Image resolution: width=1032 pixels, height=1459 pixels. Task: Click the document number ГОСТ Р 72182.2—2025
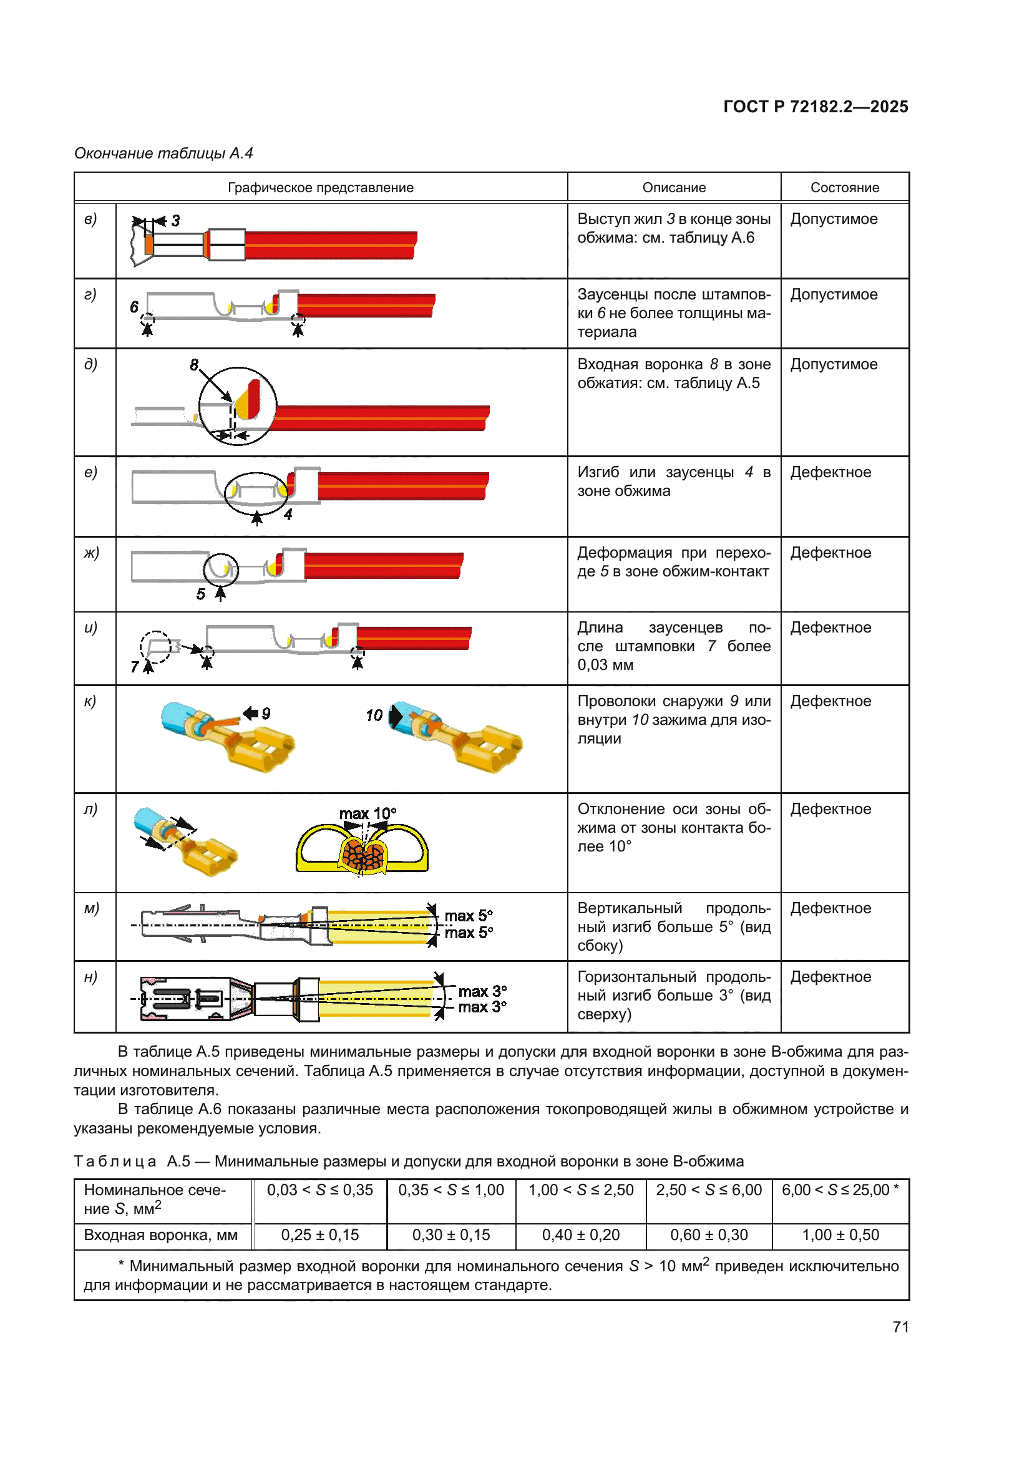coord(815,107)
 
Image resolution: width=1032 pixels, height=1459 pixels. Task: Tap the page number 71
coord(900,1327)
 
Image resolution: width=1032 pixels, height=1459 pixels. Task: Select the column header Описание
coord(674,188)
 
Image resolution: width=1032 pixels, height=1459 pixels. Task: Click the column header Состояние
coord(845,188)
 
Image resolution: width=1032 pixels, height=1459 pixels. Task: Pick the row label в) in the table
coord(91,219)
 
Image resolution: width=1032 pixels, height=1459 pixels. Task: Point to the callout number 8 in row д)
coord(194,365)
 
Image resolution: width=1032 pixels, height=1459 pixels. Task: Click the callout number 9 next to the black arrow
coord(266,714)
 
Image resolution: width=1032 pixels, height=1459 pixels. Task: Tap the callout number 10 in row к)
coord(374,715)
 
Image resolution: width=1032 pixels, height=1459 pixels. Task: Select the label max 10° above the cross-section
coord(368,813)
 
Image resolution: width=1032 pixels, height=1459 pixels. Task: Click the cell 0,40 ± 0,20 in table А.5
coord(580,1234)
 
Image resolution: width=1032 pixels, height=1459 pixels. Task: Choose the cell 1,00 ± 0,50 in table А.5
coord(840,1234)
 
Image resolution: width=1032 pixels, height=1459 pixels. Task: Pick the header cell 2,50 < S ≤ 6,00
coord(709,1190)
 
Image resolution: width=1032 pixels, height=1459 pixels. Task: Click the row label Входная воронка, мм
coord(161,1234)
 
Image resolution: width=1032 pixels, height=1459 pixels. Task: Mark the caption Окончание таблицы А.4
coord(163,153)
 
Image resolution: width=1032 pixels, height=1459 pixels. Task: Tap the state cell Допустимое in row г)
coord(834,294)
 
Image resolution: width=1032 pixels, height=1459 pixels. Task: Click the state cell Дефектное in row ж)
coord(830,553)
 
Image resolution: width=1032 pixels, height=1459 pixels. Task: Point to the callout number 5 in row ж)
coord(201,594)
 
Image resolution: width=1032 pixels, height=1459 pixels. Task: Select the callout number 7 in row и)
coord(135,667)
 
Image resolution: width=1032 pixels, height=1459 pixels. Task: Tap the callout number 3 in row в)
coord(176,220)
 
